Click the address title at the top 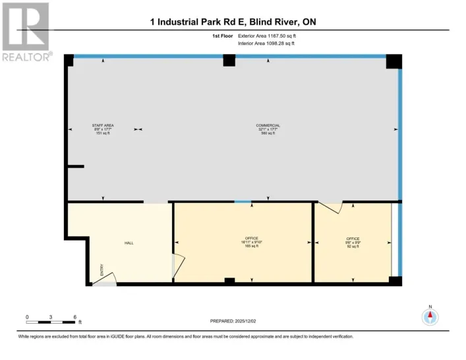233,22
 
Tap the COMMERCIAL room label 268,129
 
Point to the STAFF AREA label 103,129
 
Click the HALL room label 129,243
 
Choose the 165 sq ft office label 251,241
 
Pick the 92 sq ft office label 353,241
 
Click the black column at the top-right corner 393,61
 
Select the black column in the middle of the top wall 229,61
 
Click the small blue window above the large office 243,201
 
